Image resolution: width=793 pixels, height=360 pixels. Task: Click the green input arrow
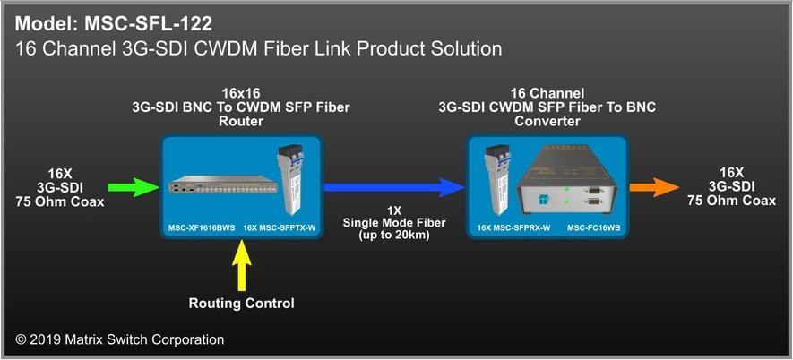[x=133, y=187]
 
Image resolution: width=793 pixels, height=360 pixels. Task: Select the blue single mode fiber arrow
[x=393, y=187]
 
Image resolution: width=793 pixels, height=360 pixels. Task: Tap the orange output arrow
[x=654, y=187]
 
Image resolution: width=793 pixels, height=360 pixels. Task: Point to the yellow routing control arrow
[x=242, y=265]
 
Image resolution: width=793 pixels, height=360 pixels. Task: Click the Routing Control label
[x=241, y=304]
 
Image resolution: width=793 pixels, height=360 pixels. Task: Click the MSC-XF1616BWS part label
[x=202, y=228]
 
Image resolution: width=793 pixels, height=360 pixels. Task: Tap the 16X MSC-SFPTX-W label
[x=280, y=228]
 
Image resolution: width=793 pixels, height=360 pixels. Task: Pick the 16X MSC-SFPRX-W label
[x=513, y=228]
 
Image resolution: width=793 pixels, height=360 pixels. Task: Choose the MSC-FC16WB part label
[x=594, y=228]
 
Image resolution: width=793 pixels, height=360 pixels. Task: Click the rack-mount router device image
[x=223, y=185]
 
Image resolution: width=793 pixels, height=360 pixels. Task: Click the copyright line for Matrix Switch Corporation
[x=120, y=339]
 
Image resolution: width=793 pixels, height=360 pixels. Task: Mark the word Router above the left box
[x=241, y=122]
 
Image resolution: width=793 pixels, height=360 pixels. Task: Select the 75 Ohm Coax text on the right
[x=731, y=201]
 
